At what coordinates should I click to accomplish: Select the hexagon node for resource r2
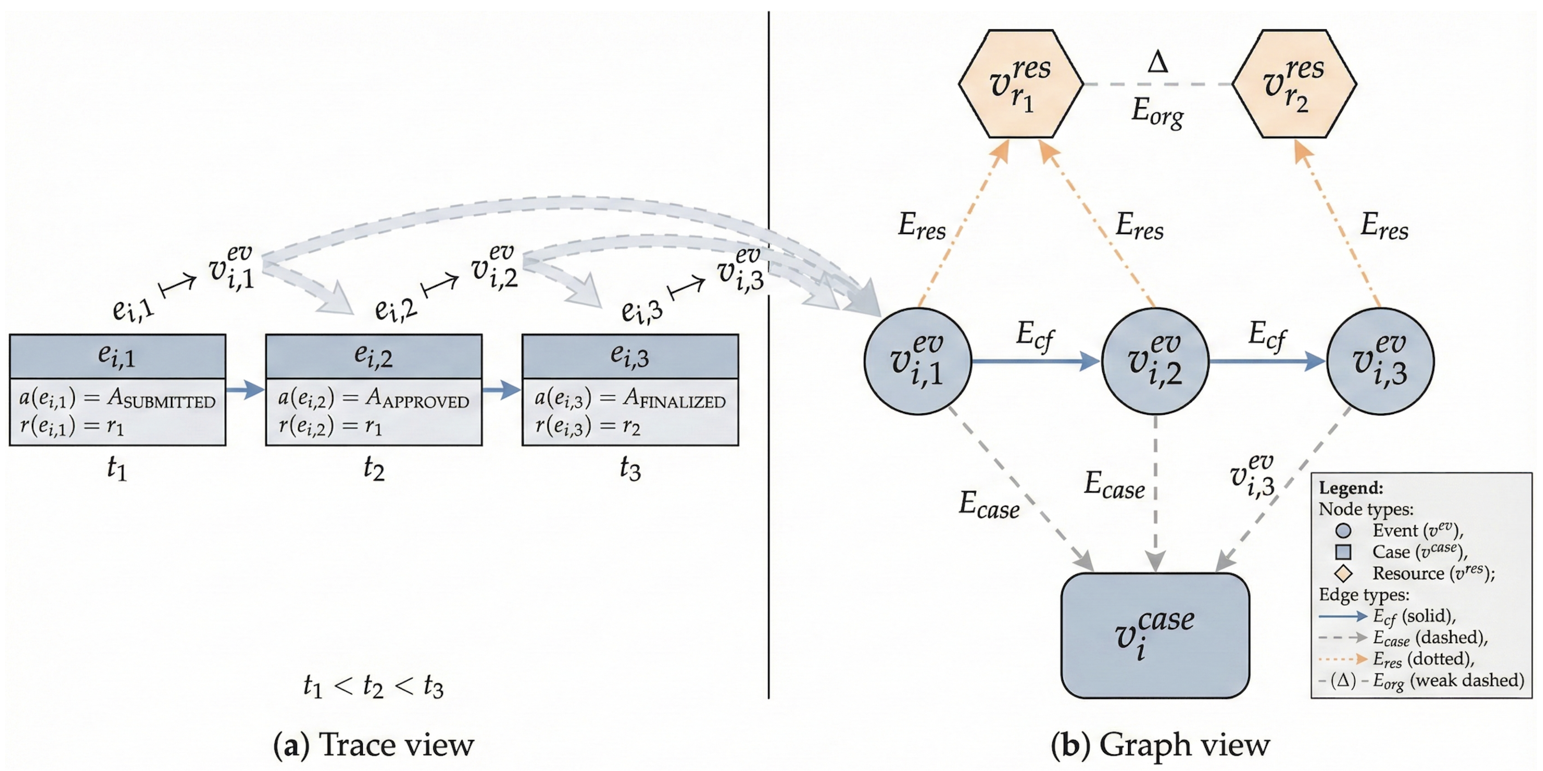tap(1294, 84)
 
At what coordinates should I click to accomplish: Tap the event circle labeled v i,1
tap(917, 361)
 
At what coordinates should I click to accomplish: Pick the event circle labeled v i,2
tap(1155, 361)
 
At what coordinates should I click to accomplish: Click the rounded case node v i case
tap(1154, 635)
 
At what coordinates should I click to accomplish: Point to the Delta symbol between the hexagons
tap(1157, 62)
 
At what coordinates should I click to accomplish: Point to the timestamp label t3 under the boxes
tap(630, 469)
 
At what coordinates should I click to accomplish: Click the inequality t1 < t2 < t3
tap(373, 686)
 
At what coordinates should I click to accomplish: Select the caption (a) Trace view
tap(373, 744)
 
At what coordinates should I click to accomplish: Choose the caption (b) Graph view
tap(1160, 744)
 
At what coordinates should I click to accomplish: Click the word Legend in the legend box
tap(1351, 488)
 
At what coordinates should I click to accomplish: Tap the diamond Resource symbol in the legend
tap(1343, 573)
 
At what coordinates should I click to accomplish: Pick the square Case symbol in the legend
tap(1343, 552)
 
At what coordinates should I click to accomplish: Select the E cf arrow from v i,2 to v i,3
tap(1267, 361)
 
